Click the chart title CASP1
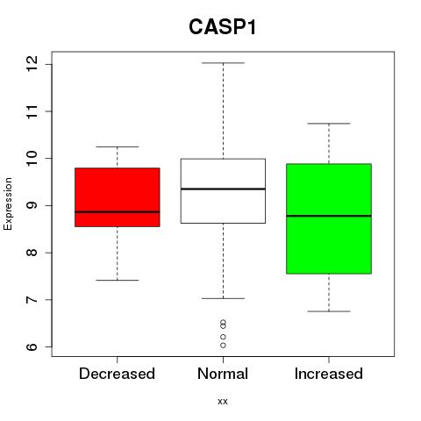(x=223, y=27)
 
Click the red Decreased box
(x=118, y=197)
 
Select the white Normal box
(x=223, y=191)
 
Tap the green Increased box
(x=329, y=218)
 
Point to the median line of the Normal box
(x=223, y=189)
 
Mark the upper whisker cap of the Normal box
(x=223, y=63)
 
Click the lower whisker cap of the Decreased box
(x=118, y=280)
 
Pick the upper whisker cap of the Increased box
(x=329, y=124)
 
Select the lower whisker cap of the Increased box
(x=329, y=311)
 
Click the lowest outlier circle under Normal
(x=223, y=346)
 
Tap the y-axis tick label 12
(x=32, y=64)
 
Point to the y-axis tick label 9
(x=32, y=205)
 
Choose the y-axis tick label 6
(x=32, y=346)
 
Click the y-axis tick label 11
(x=32, y=111)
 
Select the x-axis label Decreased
(x=117, y=374)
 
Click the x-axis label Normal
(x=223, y=374)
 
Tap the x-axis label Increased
(x=329, y=374)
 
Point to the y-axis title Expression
(x=8, y=203)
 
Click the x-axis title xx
(x=223, y=402)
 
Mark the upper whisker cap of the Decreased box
(x=118, y=146)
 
